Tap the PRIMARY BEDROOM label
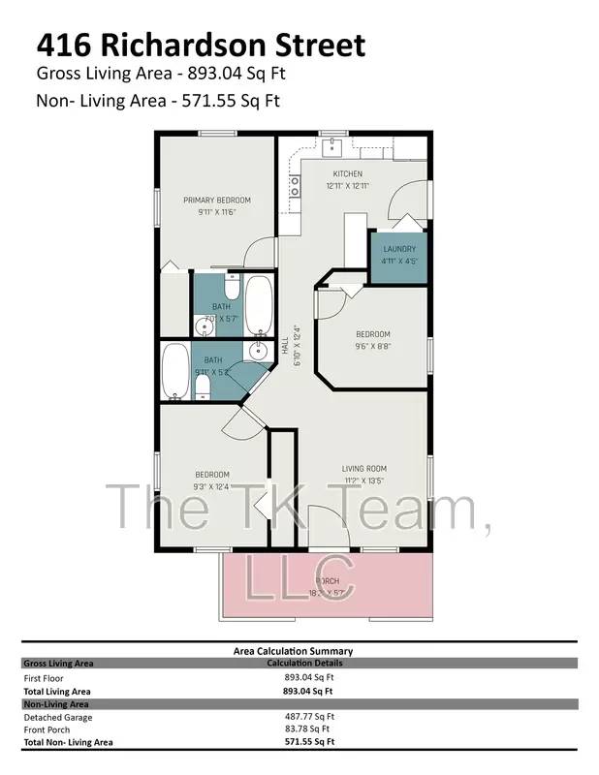tap(210, 201)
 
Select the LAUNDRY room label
tap(398, 249)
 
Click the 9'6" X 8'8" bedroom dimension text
tap(373, 345)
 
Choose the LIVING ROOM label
tap(364, 469)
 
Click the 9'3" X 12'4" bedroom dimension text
tap(210, 485)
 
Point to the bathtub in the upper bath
tap(258, 304)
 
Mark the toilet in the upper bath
tap(232, 289)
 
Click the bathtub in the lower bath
tap(176, 372)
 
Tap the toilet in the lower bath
tap(203, 387)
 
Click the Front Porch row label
tap(48, 729)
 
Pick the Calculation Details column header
tap(304, 664)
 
